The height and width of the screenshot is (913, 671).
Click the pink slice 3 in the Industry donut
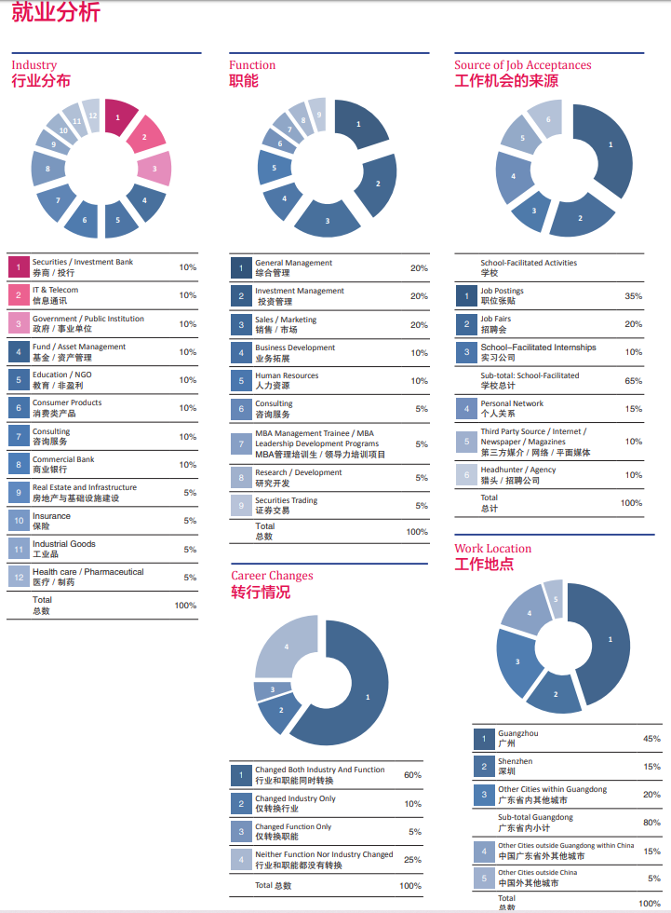tap(154, 168)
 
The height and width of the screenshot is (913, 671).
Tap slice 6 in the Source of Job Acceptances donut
tap(547, 120)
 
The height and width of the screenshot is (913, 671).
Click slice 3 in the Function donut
tap(327, 220)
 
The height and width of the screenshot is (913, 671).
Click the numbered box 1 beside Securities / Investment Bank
tap(18, 267)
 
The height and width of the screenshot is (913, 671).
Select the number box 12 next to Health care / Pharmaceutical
tap(18, 577)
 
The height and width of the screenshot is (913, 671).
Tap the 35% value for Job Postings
tap(633, 296)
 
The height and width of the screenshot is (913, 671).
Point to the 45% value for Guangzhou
tap(651, 739)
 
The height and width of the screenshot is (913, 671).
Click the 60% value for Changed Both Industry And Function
tap(411, 775)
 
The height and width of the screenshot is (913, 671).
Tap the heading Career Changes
tap(272, 576)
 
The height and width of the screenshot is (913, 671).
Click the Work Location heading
tap(492, 549)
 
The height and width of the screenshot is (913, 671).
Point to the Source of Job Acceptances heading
tap(522, 65)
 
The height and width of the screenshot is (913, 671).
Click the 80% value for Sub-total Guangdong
tap(651, 823)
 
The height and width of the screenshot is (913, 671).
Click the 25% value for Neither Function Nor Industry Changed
tap(411, 860)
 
